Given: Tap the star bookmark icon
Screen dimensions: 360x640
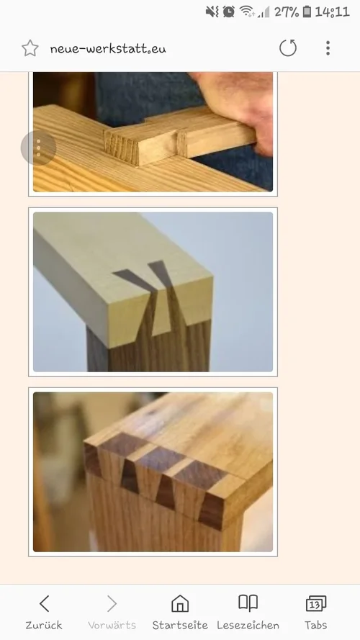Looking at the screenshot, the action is click(x=30, y=48).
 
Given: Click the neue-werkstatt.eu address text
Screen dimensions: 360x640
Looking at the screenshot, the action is click(x=108, y=49).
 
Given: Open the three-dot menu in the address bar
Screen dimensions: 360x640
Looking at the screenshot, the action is click(x=328, y=48).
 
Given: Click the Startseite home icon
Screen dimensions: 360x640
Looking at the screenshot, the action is click(x=180, y=604).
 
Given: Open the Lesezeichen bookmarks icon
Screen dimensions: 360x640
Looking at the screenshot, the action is click(x=248, y=603).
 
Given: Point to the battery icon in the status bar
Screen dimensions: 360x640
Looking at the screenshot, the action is click(x=307, y=12).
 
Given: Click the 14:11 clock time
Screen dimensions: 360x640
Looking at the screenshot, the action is click(x=332, y=12).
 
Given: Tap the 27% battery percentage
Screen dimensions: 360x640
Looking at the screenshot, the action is click(x=287, y=12).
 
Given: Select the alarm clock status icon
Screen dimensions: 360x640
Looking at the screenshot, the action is click(x=228, y=12).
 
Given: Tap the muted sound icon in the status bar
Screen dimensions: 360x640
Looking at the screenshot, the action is click(x=212, y=12).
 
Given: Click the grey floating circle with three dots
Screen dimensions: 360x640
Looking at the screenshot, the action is click(x=38, y=148).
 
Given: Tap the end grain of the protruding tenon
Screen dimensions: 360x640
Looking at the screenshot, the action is click(x=122, y=146).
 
